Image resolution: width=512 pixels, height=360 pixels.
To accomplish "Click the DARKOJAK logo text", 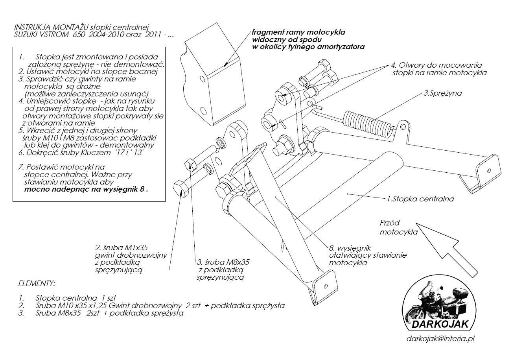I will click(440, 325).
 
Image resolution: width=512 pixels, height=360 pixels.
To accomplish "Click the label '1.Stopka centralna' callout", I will click(420, 199).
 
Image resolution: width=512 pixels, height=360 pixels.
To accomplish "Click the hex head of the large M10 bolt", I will click(182, 188).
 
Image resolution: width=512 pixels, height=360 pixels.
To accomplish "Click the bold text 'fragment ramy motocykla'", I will click(298, 32).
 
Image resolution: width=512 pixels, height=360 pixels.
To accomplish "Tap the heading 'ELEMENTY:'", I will click(37, 283).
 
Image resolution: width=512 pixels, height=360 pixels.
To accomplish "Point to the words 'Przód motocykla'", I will click(398, 227).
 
